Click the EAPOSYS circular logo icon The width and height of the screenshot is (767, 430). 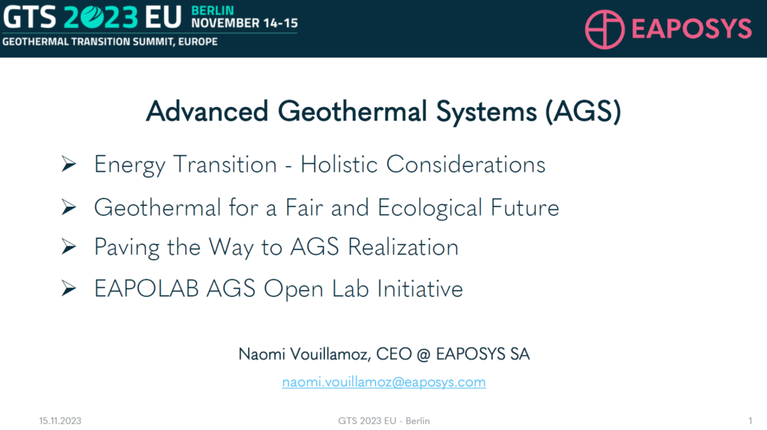[x=604, y=29]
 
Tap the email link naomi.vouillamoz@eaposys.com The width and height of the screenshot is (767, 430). [x=384, y=382]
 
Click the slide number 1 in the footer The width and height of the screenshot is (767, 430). [x=751, y=421]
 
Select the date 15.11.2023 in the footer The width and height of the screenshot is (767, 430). [x=60, y=421]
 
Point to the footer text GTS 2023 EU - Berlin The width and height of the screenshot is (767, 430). [x=384, y=421]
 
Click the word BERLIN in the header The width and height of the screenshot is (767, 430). [x=213, y=10]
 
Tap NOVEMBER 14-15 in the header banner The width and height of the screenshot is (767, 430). [x=245, y=23]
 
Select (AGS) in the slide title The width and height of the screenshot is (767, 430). [x=583, y=112]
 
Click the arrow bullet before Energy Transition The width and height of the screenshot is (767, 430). [x=69, y=164]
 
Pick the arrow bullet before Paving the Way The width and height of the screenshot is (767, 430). [x=69, y=246]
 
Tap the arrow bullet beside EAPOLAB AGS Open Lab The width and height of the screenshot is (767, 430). [x=69, y=288]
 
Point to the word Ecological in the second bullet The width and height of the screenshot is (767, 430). [x=430, y=208]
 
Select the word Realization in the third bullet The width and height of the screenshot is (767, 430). [x=404, y=247]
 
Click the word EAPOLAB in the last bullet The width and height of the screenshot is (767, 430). [x=147, y=288]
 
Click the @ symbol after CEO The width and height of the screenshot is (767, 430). [x=424, y=354]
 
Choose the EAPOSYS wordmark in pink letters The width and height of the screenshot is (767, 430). [x=691, y=28]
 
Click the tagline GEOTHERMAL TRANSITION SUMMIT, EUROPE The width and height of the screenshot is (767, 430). [x=110, y=42]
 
